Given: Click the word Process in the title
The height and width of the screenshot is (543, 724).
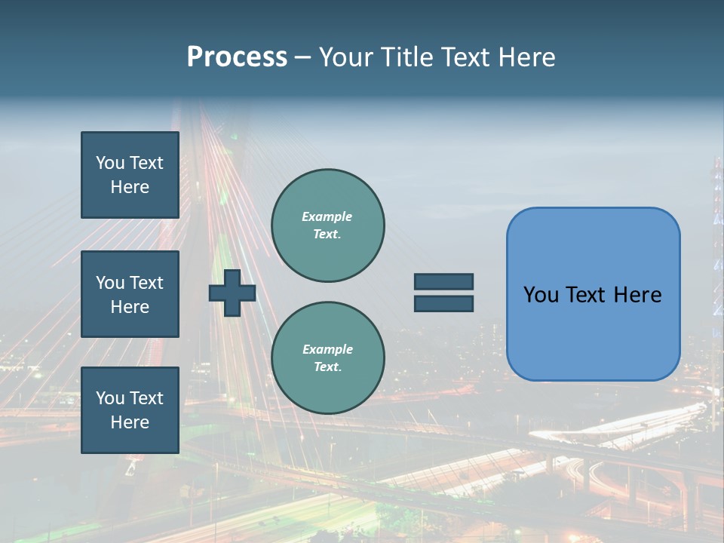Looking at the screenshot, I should (237, 57).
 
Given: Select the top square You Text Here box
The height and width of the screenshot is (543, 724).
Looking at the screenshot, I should (130, 175).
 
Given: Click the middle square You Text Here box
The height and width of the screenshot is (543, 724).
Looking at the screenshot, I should (130, 294).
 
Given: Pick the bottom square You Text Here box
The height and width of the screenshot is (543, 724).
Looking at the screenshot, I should (130, 410).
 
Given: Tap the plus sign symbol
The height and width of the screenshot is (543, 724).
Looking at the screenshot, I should (232, 293).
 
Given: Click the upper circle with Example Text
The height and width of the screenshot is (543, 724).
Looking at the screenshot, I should (327, 225).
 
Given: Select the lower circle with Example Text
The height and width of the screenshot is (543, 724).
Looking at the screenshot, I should (327, 358).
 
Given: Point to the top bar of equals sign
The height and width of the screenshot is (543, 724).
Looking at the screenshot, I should (443, 281).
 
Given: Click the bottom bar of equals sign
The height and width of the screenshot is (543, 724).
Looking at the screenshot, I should (443, 304).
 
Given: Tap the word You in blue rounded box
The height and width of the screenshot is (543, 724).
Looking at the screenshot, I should (541, 295).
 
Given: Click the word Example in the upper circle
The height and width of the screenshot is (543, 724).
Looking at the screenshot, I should (327, 216).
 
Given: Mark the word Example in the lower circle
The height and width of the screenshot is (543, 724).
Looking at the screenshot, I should (327, 349).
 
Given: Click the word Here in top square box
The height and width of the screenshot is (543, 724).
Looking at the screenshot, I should (130, 187).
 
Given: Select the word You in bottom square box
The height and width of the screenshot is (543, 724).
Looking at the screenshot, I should (110, 398).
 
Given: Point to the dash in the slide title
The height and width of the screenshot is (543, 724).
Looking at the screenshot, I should (303, 58).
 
